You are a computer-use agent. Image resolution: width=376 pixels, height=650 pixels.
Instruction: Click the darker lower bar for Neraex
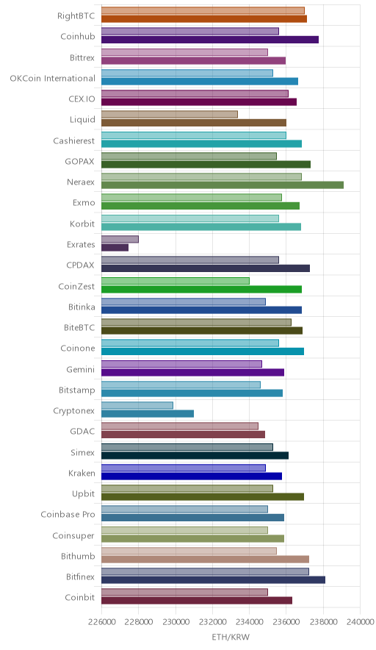click(223, 185)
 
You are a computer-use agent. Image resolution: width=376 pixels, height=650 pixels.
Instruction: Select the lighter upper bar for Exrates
click(120, 239)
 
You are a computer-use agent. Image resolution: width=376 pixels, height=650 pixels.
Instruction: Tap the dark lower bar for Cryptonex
click(148, 414)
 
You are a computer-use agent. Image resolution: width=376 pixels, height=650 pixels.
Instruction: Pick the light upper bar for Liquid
click(170, 115)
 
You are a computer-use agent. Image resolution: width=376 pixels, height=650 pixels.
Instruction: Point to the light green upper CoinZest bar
click(176, 281)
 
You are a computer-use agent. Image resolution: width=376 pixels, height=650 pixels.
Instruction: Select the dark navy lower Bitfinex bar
click(213, 580)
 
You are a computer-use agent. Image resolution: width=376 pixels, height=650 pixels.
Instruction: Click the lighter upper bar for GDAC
click(180, 426)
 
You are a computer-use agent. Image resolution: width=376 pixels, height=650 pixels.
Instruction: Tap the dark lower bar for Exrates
click(115, 248)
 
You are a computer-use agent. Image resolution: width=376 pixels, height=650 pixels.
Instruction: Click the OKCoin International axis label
click(53, 79)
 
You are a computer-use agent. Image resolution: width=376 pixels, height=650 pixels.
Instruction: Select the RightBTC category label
click(76, 16)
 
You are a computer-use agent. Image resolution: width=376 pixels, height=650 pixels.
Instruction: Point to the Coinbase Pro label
click(68, 515)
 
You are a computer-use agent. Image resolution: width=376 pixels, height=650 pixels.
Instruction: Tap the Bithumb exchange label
click(78, 557)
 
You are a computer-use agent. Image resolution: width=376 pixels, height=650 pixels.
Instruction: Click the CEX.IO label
click(82, 99)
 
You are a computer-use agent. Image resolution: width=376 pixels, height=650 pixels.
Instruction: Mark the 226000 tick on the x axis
click(101, 621)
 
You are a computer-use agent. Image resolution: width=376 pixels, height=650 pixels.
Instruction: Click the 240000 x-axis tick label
click(360, 621)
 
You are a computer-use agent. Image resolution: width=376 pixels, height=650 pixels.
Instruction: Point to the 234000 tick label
click(249, 621)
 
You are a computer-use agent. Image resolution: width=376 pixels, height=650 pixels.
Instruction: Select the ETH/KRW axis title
click(231, 637)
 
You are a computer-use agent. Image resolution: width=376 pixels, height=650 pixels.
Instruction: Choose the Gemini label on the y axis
click(81, 369)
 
